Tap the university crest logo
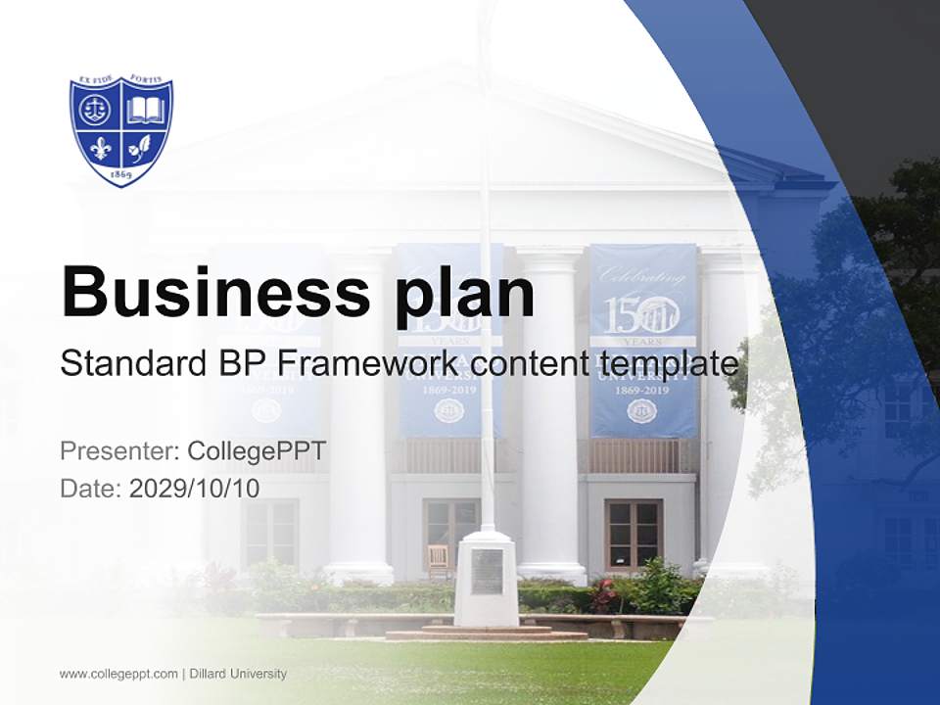[x=121, y=130]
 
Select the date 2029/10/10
[x=194, y=488]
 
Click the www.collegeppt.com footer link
[x=118, y=674]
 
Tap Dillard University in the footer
[x=238, y=674]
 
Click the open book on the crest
[x=146, y=109]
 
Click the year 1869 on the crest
[x=121, y=174]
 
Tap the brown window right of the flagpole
[x=634, y=534]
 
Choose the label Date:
[x=91, y=488]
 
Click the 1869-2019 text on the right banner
[x=642, y=391]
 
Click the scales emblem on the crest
[x=96, y=109]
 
